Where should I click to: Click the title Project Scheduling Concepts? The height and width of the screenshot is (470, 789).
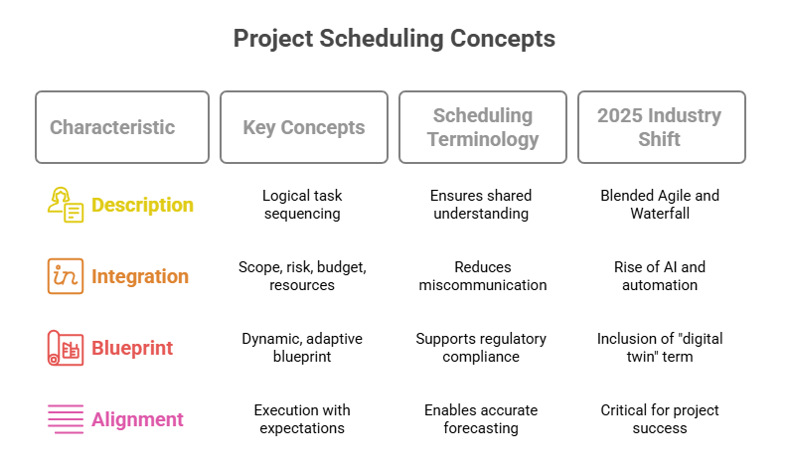coord(394,39)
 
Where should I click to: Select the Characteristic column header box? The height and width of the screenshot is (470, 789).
coord(122,127)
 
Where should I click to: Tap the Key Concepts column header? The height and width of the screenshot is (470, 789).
coord(303,127)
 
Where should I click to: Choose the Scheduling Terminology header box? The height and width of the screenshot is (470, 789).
coord(482,127)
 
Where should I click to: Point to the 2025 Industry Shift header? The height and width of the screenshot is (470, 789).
coord(660,127)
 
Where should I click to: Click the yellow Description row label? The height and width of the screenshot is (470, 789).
coord(142,205)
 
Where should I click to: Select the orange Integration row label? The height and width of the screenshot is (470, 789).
coord(140,276)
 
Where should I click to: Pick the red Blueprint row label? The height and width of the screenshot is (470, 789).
coord(132,348)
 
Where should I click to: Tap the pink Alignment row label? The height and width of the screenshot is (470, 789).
coord(137,419)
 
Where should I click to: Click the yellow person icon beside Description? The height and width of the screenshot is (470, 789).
coord(66,205)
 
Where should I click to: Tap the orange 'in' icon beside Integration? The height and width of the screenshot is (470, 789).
coord(66,276)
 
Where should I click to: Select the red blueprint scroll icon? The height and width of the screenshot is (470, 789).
coord(66,348)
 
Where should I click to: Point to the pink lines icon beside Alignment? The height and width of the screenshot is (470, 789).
coord(66,419)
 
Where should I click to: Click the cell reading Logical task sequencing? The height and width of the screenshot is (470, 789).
coord(303,205)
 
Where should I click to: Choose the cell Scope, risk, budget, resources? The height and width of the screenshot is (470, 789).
coord(303,276)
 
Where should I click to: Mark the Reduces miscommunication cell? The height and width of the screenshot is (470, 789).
coord(482,276)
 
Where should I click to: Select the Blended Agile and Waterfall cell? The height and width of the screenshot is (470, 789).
coord(660,205)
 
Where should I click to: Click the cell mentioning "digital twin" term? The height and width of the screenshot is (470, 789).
coord(660,348)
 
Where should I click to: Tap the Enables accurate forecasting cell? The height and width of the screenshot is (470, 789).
coord(482,419)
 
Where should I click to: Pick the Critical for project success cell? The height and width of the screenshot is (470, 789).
coord(660,419)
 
